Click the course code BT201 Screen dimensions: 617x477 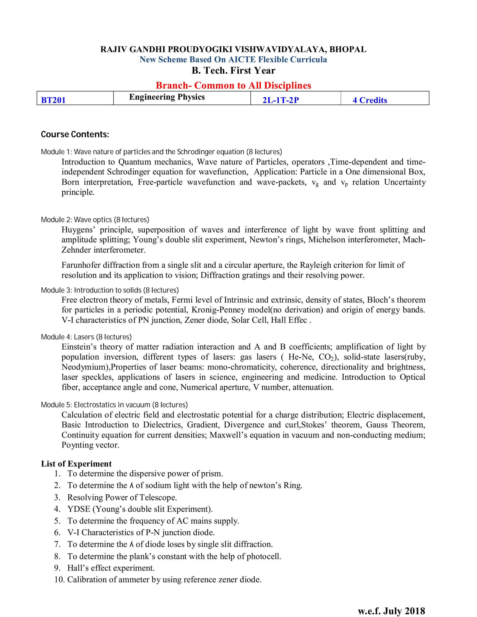coord(53,100)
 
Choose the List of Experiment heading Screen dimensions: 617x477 coord(76,464)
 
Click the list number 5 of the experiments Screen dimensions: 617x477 coord(57,521)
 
